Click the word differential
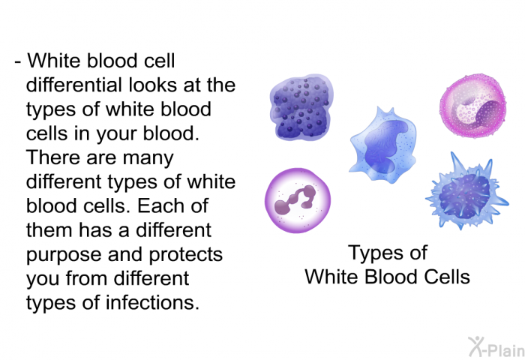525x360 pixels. [73, 85]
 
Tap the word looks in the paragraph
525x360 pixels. [153, 85]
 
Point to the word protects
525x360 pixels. [185, 255]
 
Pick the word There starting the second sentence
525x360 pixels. [53, 157]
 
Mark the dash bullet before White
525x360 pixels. [18, 62]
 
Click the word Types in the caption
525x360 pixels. [372, 253]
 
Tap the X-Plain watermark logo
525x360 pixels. [496, 346]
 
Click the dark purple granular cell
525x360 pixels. [301, 106]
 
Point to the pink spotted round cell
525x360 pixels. [472, 106]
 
